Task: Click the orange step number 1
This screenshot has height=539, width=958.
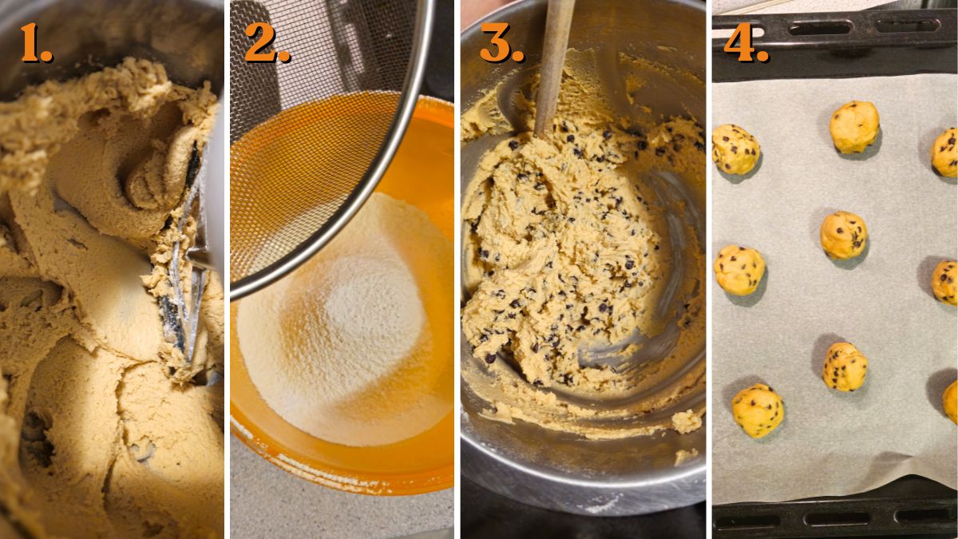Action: (x=34, y=43)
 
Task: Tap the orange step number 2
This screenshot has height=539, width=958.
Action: (x=266, y=43)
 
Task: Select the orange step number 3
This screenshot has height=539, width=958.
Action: (x=501, y=43)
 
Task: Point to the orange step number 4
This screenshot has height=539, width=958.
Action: (x=745, y=43)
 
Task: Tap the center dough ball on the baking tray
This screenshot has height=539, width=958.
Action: (x=843, y=235)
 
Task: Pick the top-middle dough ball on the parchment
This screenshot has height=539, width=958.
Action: (x=853, y=126)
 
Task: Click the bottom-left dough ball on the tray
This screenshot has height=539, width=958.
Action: (x=757, y=410)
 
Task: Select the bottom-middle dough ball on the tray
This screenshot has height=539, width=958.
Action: (x=844, y=367)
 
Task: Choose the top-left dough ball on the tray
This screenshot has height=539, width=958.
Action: (x=734, y=149)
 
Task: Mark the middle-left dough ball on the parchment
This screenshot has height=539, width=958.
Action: (x=738, y=270)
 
